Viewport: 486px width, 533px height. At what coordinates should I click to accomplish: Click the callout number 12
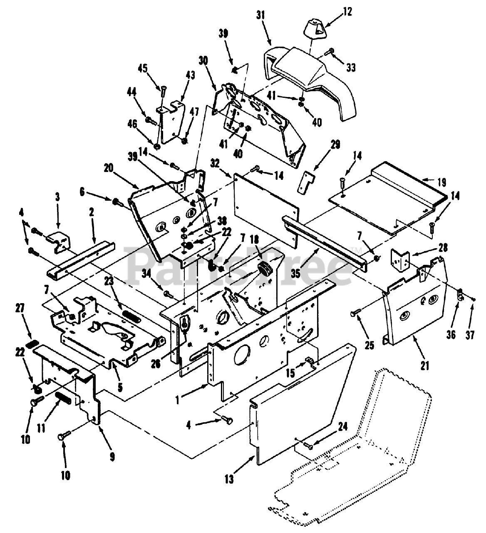(347, 12)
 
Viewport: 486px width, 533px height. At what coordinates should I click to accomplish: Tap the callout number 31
(260, 16)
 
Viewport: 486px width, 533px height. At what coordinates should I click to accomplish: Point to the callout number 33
(351, 67)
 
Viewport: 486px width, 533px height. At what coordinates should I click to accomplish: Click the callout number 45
(143, 69)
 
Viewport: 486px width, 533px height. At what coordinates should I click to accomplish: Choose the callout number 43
(190, 75)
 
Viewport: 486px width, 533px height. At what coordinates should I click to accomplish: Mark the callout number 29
(335, 145)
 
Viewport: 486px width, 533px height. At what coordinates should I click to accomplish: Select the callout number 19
(442, 183)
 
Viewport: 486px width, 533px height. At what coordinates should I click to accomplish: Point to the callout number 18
(254, 240)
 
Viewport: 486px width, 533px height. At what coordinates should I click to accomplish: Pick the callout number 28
(442, 248)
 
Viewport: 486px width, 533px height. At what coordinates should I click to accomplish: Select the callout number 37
(470, 335)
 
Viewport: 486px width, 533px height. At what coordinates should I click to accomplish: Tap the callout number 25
(369, 346)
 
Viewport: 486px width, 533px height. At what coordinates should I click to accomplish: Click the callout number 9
(112, 457)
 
